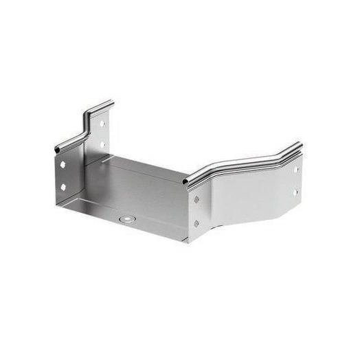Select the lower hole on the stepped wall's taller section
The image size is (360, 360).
click(102, 145)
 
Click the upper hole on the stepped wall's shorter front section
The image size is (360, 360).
click(63, 166)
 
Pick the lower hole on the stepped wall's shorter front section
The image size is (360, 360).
click(63, 187)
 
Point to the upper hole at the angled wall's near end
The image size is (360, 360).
click(196, 200)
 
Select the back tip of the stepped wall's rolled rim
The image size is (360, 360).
click(110, 104)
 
